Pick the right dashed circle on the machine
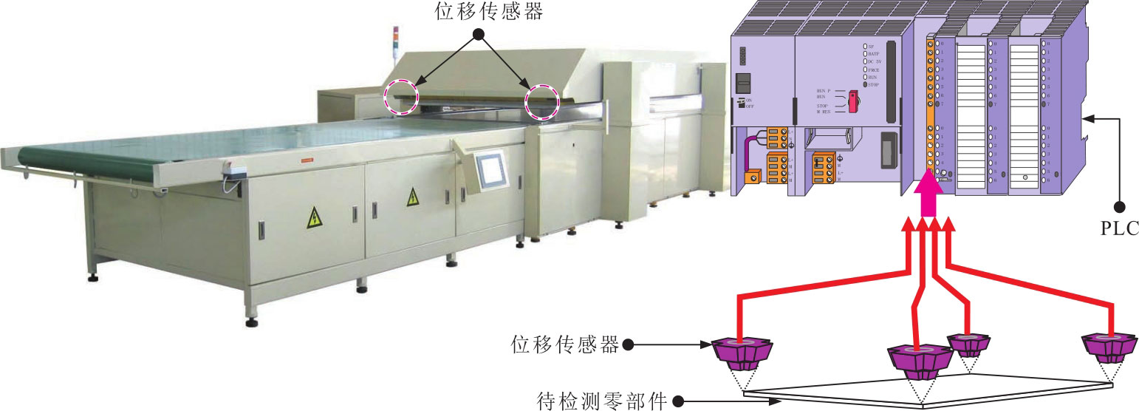[x=541, y=101]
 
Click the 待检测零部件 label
[x=600, y=401]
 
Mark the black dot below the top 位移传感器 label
[x=478, y=34]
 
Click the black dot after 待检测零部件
[x=677, y=401]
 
